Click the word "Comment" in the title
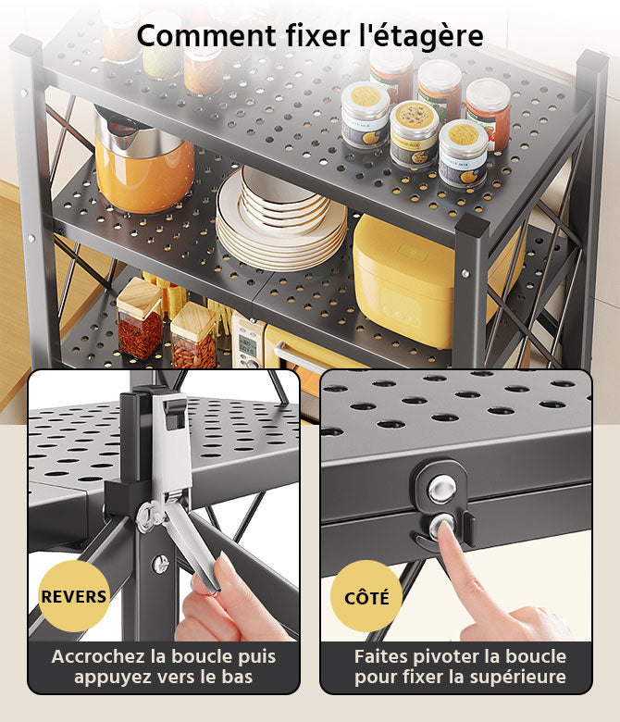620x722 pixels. (x=206, y=36)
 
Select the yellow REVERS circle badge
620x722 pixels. (x=74, y=596)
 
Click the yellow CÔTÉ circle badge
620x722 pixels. (x=366, y=597)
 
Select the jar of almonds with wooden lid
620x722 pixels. (x=193, y=335)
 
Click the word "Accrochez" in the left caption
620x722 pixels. (x=99, y=656)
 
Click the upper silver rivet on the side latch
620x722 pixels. (x=442, y=488)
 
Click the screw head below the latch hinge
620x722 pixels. (x=161, y=564)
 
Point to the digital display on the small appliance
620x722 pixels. (x=247, y=344)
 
